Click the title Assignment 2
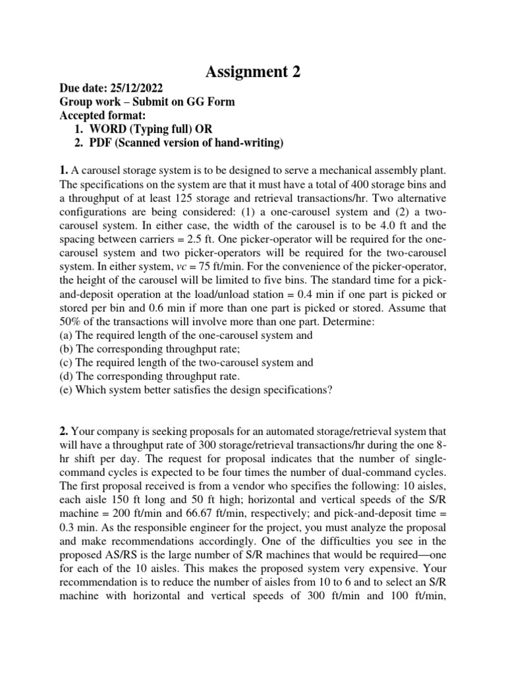[x=253, y=72]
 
